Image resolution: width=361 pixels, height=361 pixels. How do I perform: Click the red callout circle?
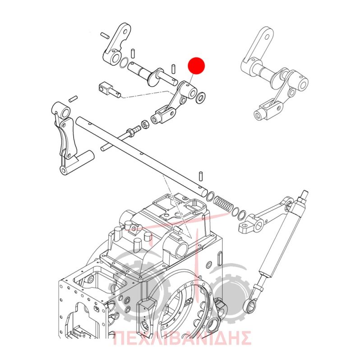coord(196,65)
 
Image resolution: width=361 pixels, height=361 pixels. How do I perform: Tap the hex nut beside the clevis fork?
coord(144,125)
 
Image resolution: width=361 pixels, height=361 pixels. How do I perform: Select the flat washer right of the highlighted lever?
coord(200,97)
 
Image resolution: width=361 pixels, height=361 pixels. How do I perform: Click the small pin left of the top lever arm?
coord(104,35)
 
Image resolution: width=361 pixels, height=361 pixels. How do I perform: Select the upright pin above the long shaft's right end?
coord(201,176)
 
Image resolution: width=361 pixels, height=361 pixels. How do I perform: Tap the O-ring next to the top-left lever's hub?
coord(124,62)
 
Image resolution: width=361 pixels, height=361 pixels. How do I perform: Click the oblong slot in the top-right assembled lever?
coord(267,37)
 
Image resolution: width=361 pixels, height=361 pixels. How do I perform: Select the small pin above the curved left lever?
coord(73,99)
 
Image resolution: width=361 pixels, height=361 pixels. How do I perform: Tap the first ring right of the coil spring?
coord(235,212)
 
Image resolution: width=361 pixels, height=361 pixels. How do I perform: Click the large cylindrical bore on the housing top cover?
coord(181,251)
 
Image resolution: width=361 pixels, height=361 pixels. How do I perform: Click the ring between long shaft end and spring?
coord(210,197)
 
